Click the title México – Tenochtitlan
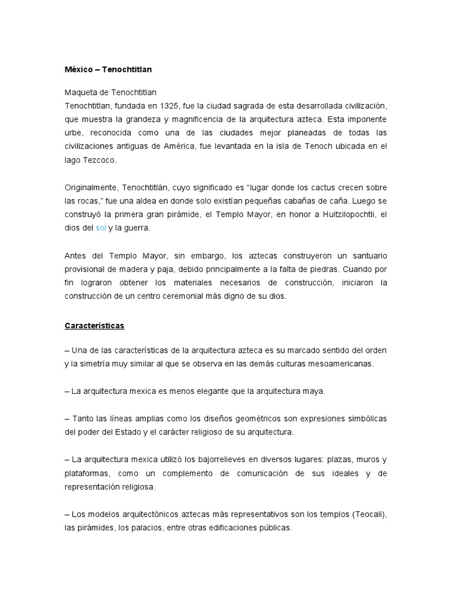coord(108,69)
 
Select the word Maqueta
coord(81,92)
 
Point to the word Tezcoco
coord(98,159)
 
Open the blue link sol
coord(101,228)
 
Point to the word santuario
coord(365,255)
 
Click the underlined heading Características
coord(94,325)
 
